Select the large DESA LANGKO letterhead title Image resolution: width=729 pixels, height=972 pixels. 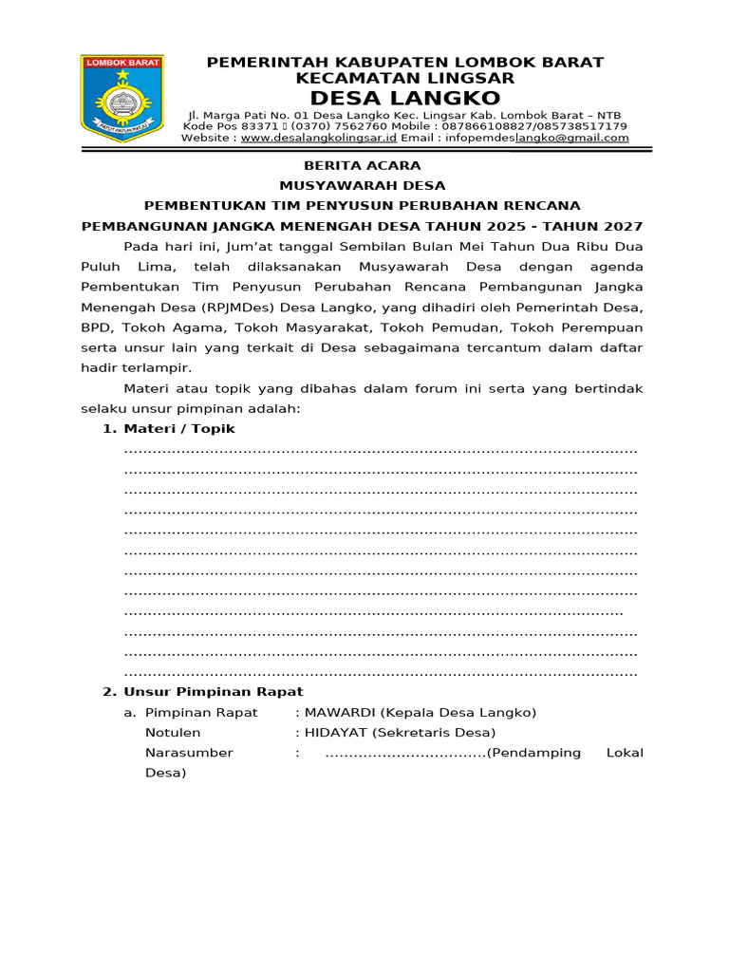[x=405, y=99]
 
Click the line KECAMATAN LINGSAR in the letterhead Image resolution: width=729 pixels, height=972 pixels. [x=405, y=78]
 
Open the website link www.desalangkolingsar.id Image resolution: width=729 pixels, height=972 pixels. [x=318, y=138]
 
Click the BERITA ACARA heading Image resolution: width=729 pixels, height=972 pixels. [x=362, y=165]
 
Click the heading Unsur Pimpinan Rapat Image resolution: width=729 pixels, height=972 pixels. [x=214, y=692]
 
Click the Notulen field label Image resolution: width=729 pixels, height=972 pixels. [x=173, y=732]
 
